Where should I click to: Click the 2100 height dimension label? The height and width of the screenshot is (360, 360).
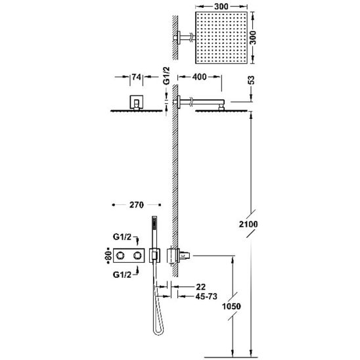point(248,224)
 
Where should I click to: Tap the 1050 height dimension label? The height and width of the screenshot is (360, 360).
point(231,306)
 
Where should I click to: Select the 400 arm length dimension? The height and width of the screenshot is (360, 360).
point(200,77)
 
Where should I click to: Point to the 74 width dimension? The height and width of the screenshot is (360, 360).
point(137,77)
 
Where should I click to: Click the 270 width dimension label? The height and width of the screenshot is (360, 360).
point(137,205)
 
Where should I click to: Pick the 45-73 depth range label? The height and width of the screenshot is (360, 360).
point(206,296)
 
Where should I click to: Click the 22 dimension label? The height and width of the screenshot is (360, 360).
point(201,287)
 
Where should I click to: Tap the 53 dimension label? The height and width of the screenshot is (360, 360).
point(252,80)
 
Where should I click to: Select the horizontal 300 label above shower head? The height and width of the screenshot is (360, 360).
point(221,7)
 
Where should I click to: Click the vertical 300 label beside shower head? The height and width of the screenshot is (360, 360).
point(253,37)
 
